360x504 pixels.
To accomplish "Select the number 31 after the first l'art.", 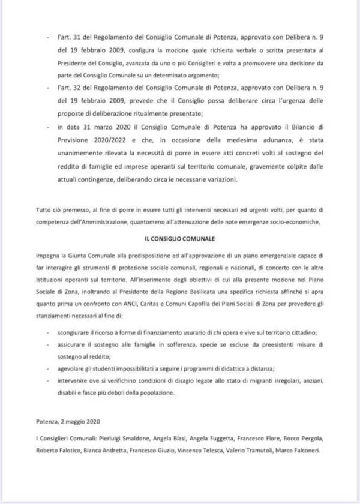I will tap(72, 37).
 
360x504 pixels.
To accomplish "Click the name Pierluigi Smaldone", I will tap(122, 439).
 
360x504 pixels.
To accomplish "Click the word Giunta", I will tap(72, 254).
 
